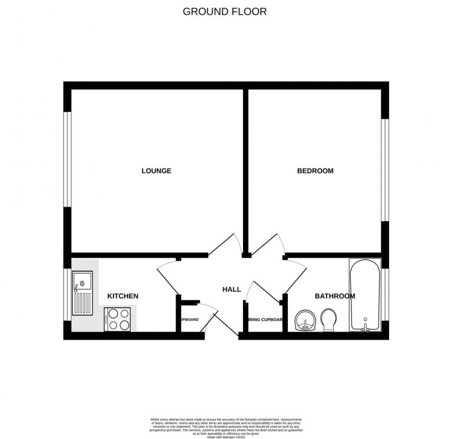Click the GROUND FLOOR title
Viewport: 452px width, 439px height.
[x=224, y=11]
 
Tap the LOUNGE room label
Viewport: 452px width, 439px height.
[x=156, y=171]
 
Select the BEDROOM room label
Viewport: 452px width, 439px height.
[x=315, y=171]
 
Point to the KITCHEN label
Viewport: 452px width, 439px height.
[x=122, y=296]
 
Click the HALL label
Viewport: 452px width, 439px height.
[x=231, y=290]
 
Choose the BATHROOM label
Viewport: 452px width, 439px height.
[x=335, y=296]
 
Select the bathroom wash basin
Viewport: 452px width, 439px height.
[x=305, y=321]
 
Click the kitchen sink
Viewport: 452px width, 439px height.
[x=82, y=294]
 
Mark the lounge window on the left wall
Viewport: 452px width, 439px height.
[x=67, y=159]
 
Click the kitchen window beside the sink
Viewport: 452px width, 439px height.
[x=67, y=294]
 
